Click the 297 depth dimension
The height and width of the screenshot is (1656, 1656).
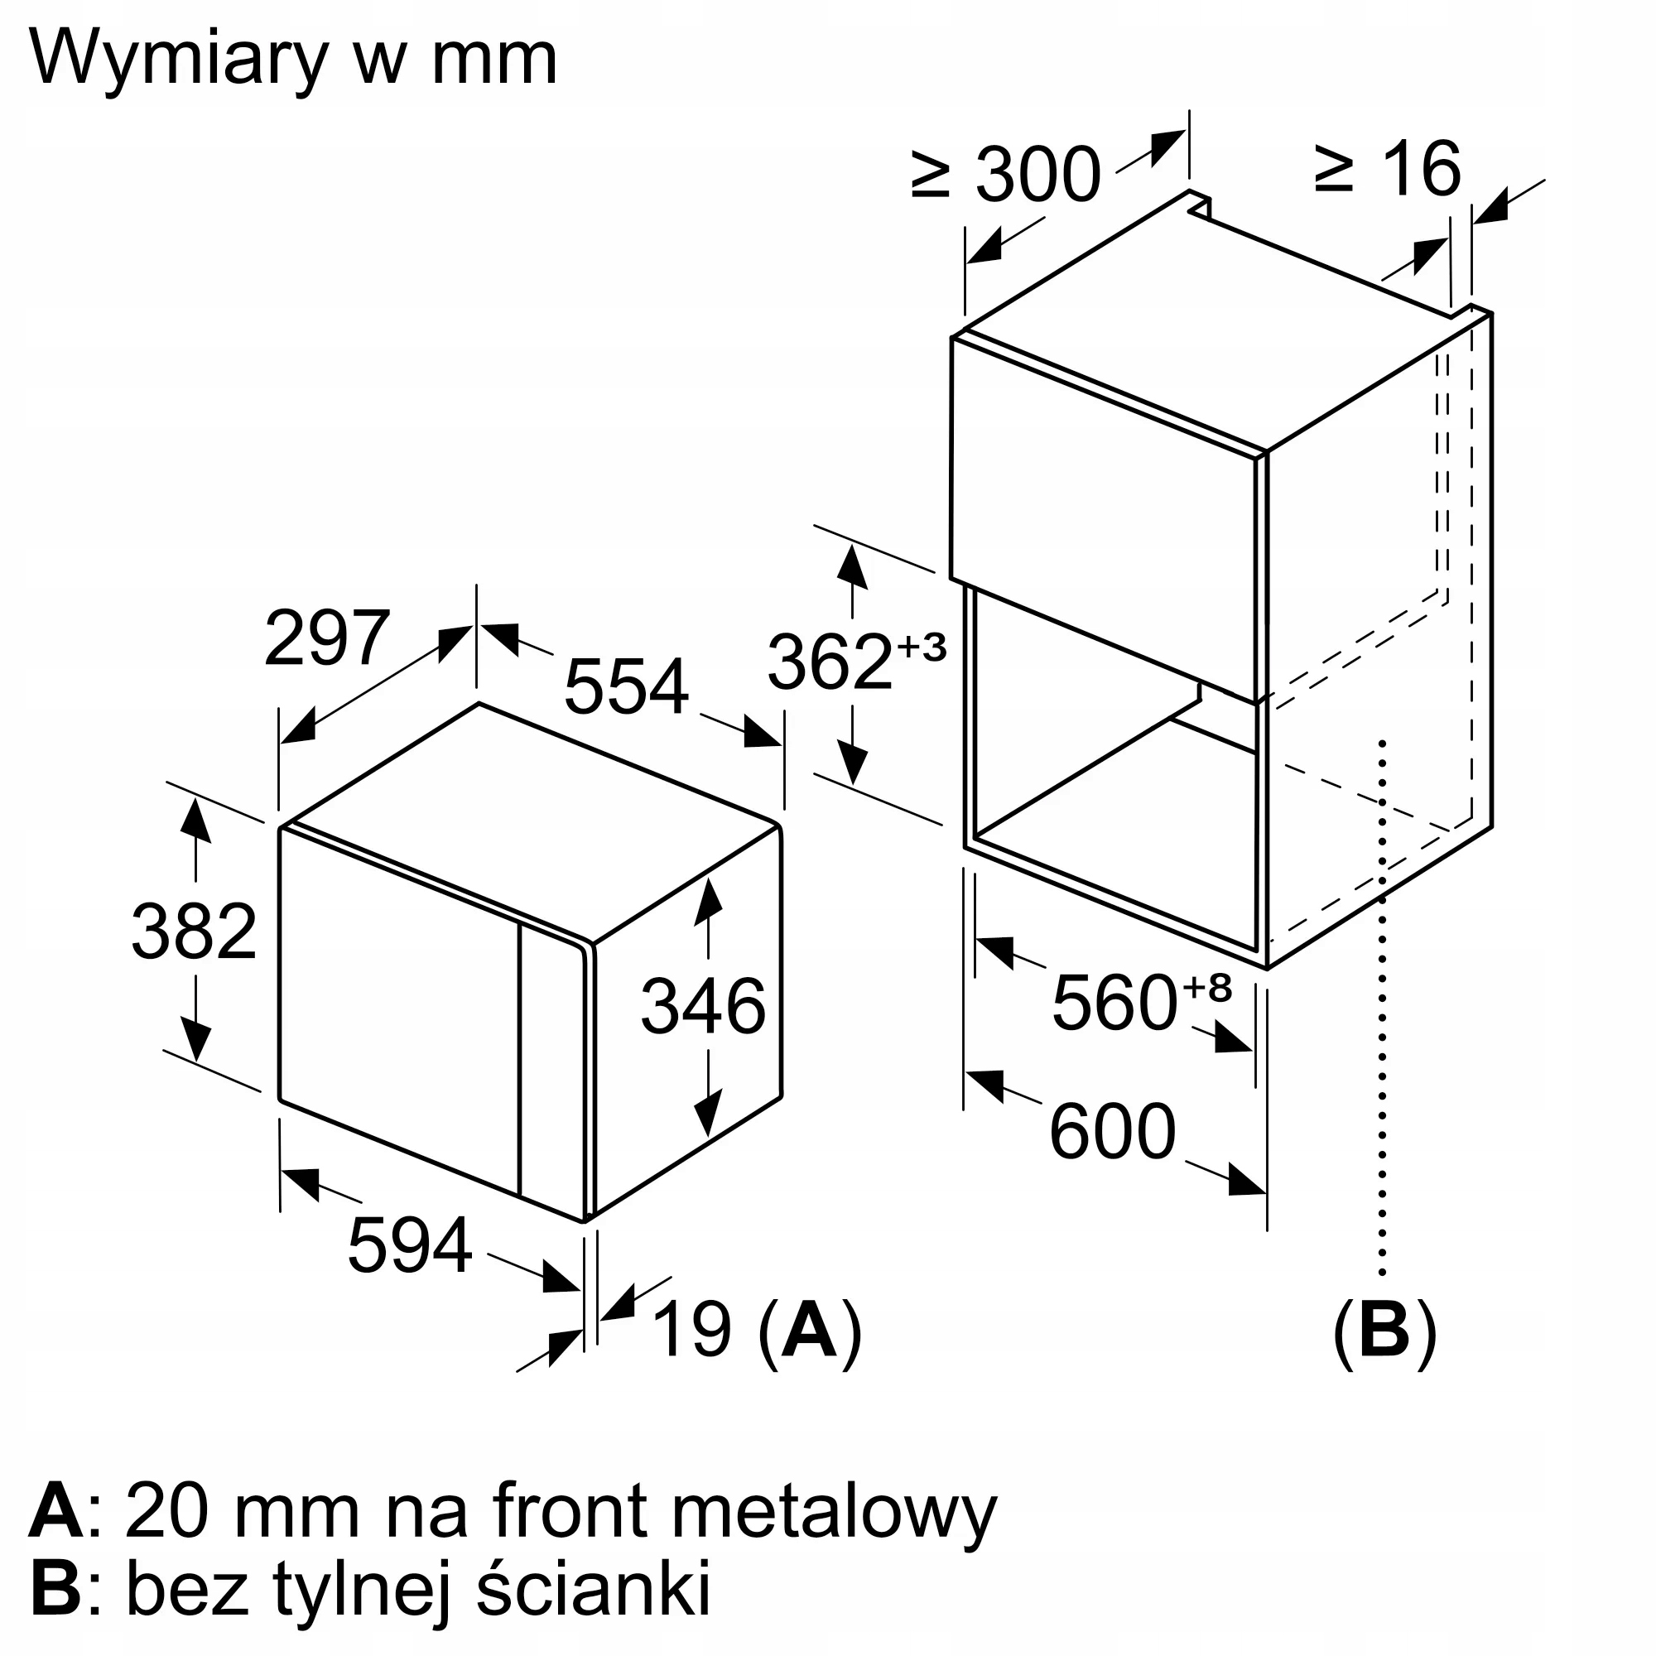pyautogui.click(x=326, y=638)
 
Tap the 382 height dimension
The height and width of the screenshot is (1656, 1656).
pyautogui.click(x=194, y=931)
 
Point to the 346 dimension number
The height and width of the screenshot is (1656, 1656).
pyautogui.click(x=703, y=1007)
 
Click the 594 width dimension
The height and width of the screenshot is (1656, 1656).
pyautogui.click(x=410, y=1245)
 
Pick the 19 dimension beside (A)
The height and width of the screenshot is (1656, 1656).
pyautogui.click(x=692, y=1330)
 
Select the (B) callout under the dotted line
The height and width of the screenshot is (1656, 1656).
pyautogui.click(x=1384, y=1330)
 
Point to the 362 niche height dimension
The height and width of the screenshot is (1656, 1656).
pyautogui.click(x=829, y=661)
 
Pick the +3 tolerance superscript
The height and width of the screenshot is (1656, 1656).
pyautogui.click(x=922, y=647)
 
